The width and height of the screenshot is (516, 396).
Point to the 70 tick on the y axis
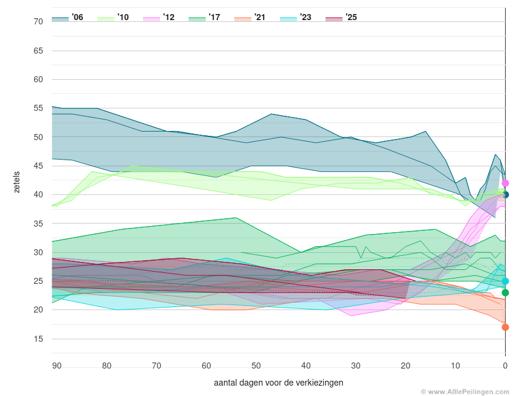coord(38,21)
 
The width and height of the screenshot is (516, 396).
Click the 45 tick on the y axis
coord(38,166)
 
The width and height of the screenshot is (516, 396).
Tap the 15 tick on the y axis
coord(38,339)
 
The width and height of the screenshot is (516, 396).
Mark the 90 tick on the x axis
coord(57,366)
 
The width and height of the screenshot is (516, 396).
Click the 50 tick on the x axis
coord(256,366)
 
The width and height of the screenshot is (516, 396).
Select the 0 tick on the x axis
coord(505,366)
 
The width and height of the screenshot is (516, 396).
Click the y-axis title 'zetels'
coord(17,183)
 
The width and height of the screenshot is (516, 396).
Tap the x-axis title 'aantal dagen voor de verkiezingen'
coord(279,383)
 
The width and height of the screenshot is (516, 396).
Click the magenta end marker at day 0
coord(505,183)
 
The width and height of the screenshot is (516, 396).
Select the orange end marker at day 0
coord(505,327)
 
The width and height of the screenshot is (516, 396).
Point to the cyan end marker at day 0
coord(505,281)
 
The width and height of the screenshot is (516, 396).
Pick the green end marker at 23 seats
coord(505,292)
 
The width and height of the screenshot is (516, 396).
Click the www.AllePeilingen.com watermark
coord(466,391)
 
